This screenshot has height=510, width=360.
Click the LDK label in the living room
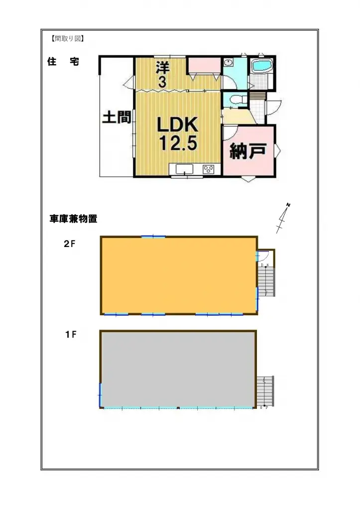coord(178,125)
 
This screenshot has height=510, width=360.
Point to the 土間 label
coord(117,118)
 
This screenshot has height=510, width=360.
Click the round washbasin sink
coord(229,62)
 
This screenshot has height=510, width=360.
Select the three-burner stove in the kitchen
coord(209,169)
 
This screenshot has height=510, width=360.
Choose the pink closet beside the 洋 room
coord(204,65)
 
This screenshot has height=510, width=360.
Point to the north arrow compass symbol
coord(284,218)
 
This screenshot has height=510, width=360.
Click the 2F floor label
coord(69,244)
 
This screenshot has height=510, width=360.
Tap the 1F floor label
coord(70,334)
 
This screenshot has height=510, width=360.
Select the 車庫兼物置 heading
coord(73,219)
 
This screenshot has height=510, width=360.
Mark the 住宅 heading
coord(63,62)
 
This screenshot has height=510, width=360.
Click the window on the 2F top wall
coord(153,237)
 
